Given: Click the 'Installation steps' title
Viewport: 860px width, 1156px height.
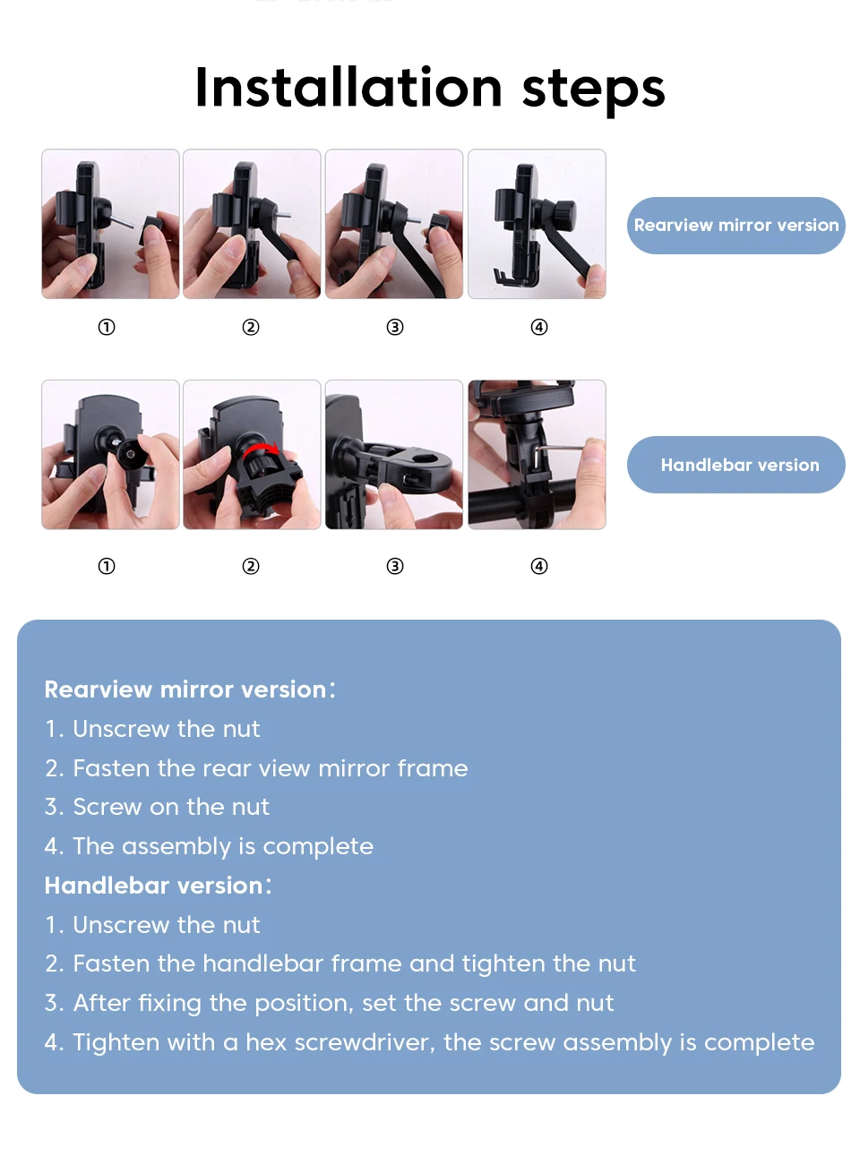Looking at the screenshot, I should [430, 88].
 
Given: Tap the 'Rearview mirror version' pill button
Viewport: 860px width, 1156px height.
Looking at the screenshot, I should [735, 226].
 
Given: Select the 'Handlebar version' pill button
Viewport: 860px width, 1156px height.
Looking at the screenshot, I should [735, 465].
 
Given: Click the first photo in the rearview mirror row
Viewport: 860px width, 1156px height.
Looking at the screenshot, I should [110, 224].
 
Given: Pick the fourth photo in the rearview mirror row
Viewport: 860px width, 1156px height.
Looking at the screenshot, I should [537, 224].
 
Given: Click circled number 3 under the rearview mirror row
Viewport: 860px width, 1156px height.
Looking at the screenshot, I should [395, 327].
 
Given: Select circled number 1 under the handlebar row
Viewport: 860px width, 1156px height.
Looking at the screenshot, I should [107, 566].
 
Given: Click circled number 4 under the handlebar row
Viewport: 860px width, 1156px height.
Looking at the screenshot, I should [539, 566].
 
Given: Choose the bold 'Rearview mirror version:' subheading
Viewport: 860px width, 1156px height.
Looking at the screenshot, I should [189, 689].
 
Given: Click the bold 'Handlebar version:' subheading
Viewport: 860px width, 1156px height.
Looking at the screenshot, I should [158, 886].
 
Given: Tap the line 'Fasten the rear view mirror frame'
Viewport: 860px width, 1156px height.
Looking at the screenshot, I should [270, 768].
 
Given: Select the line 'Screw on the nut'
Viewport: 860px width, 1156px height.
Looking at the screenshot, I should [170, 807].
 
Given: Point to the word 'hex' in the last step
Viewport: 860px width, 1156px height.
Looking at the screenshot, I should [266, 1042].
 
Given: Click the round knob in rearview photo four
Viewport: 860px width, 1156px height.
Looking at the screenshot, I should [563, 214].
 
